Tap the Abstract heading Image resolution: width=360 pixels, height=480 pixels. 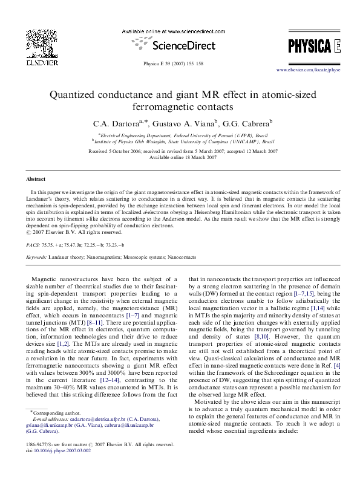pyautogui.click(x=36, y=180)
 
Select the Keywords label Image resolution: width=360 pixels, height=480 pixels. pyautogui.click(x=38, y=257)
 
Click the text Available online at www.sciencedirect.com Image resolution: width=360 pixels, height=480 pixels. pyautogui.click(x=180, y=30)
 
